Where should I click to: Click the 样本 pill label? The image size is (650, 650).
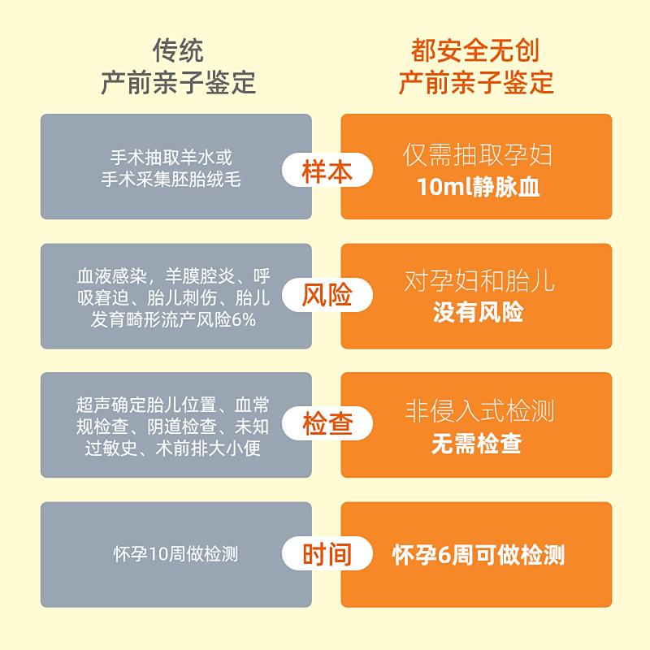(x=327, y=171)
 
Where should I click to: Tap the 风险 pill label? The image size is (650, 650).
(x=327, y=295)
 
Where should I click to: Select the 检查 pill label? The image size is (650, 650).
(x=327, y=423)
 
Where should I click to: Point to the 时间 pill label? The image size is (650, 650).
(x=327, y=554)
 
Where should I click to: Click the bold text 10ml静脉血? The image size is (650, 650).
(x=478, y=187)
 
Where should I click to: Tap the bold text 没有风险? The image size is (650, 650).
(x=478, y=312)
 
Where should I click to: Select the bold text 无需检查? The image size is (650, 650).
(x=477, y=443)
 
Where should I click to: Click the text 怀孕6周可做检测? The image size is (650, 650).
(x=479, y=555)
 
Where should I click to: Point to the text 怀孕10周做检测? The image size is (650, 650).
(x=175, y=554)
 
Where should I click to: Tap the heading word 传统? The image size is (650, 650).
(x=178, y=50)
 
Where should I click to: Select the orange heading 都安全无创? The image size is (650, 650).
(x=475, y=50)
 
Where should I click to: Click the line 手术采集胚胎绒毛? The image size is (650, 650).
(x=171, y=179)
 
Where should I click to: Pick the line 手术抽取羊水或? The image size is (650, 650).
(x=171, y=157)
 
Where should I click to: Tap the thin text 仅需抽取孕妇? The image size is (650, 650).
(x=478, y=154)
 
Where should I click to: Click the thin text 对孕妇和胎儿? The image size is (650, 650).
(x=479, y=280)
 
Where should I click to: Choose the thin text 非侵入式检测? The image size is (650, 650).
(x=479, y=410)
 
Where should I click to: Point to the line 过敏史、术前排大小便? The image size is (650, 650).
(x=173, y=448)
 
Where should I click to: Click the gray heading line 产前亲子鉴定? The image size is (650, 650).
(x=178, y=83)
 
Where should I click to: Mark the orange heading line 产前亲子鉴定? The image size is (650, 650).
(x=476, y=83)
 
